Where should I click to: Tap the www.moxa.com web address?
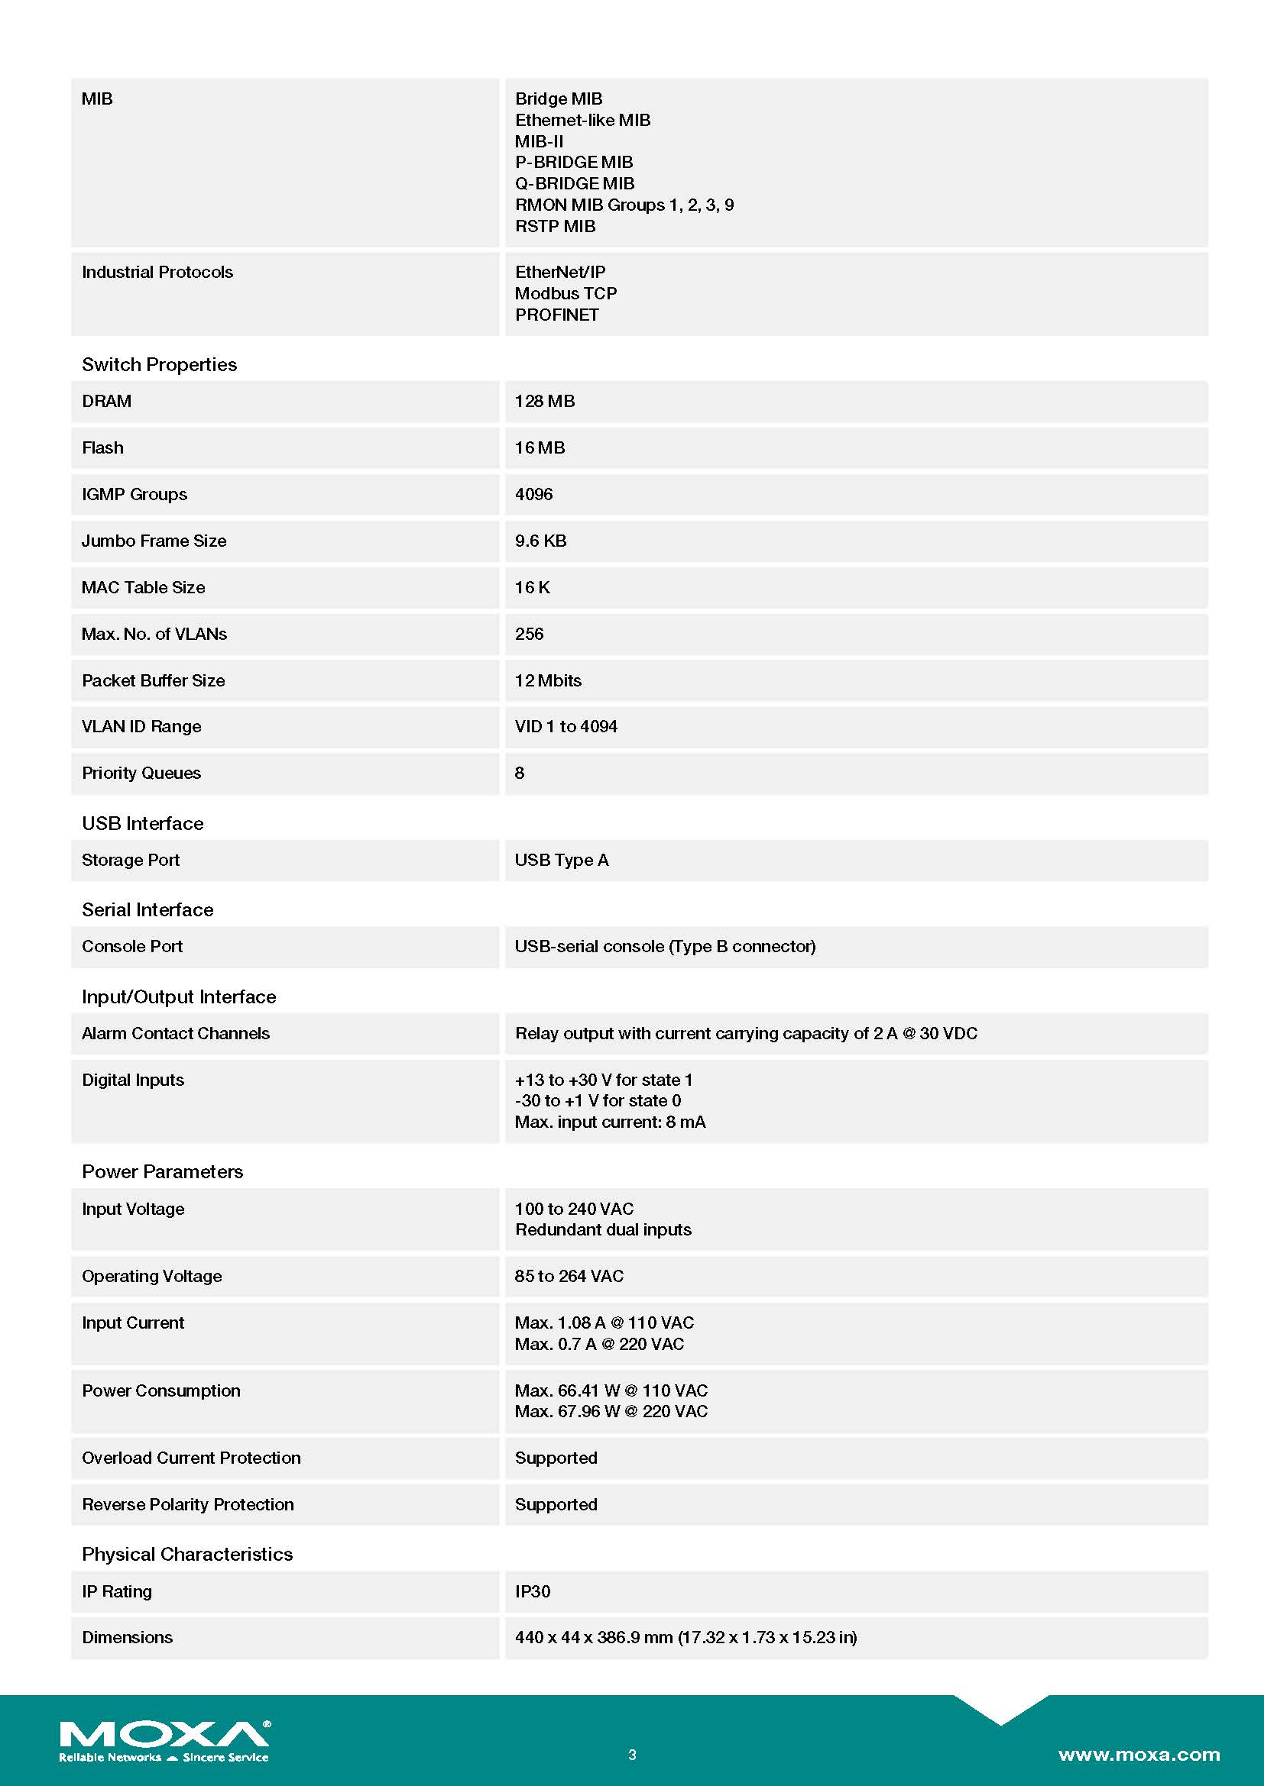(x=1138, y=1754)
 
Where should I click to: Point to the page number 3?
(x=632, y=1754)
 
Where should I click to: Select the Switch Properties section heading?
(x=160, y=365)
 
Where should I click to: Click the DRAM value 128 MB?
(x=545, y=402)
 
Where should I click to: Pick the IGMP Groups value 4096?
(x=534, y=495)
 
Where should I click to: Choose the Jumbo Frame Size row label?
(x=154, y=541)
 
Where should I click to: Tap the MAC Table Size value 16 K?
(x=533, y=588)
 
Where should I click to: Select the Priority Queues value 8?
(x=520, y=774)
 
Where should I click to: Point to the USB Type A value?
(x=562, y=861)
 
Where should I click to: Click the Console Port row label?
(x=132, y=947)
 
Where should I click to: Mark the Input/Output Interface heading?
(x=179, y=997)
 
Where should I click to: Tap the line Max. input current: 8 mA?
(x=610, y=1122)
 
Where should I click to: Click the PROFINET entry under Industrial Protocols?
(x=557, y=315)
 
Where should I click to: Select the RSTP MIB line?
(x=556, y=226)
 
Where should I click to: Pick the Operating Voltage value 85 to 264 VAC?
(x=569, y=1277)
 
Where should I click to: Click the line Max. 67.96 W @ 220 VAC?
(x=611, y=1412)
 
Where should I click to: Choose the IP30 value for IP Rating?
(x=533, y=1591)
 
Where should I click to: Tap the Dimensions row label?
(x=128, y=1637)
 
